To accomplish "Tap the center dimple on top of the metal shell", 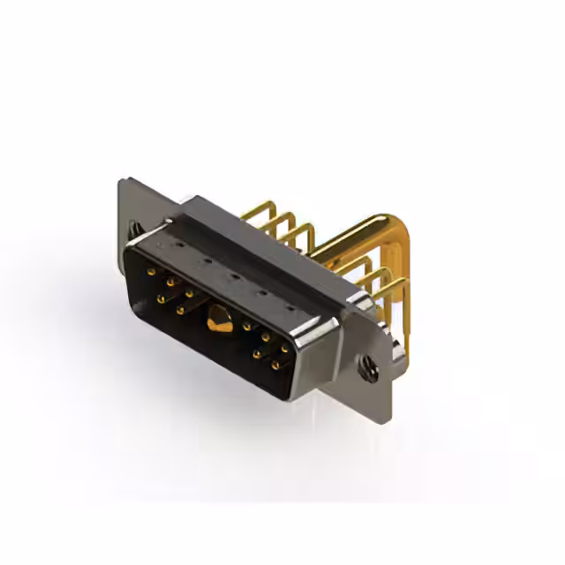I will [x=234, y=276].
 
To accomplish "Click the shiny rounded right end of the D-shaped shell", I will [x=318, y=353].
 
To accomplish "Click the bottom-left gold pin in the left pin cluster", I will [x=161, y=299].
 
